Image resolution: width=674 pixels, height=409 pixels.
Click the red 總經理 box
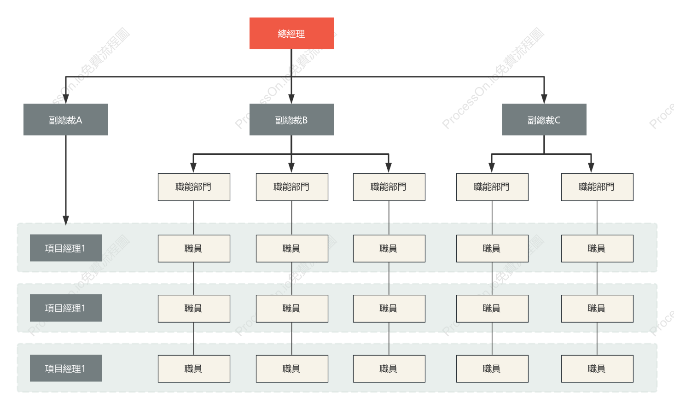click(291, 34)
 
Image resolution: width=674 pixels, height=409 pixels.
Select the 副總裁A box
click(65, 119)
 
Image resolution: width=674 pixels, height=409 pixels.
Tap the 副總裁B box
click(291, 119)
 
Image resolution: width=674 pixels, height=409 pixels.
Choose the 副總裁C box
click(544, 119)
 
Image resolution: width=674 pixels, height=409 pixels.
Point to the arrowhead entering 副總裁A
click(66, 99)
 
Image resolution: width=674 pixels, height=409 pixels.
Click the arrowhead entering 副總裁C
click(544, 99)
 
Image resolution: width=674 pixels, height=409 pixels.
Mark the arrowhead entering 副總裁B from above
click(291, 99)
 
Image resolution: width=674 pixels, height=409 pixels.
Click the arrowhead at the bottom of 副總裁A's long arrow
click(66, 220)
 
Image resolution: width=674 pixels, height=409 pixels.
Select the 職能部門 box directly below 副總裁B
click(292, 187)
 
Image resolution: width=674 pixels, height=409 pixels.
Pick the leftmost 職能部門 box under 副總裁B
click(194, 187)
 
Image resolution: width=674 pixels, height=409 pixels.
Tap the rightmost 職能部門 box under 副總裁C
click(597, 187)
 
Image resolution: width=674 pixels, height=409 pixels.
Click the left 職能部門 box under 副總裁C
click(492, 187)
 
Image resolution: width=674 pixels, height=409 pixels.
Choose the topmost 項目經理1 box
click(65, 248)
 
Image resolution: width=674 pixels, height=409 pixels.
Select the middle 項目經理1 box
click(65, 308)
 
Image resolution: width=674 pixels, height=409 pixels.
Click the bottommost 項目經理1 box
click(65, 368)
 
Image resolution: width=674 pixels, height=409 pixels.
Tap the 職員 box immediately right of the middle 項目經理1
click(194, 309)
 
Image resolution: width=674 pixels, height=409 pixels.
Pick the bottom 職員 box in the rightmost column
click(597, 368)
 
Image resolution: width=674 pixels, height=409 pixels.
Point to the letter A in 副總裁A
click(79, 120)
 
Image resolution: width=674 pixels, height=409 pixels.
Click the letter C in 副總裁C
click(558, 120)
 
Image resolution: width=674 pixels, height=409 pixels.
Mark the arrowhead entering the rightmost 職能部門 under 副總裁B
click(389, 168)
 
